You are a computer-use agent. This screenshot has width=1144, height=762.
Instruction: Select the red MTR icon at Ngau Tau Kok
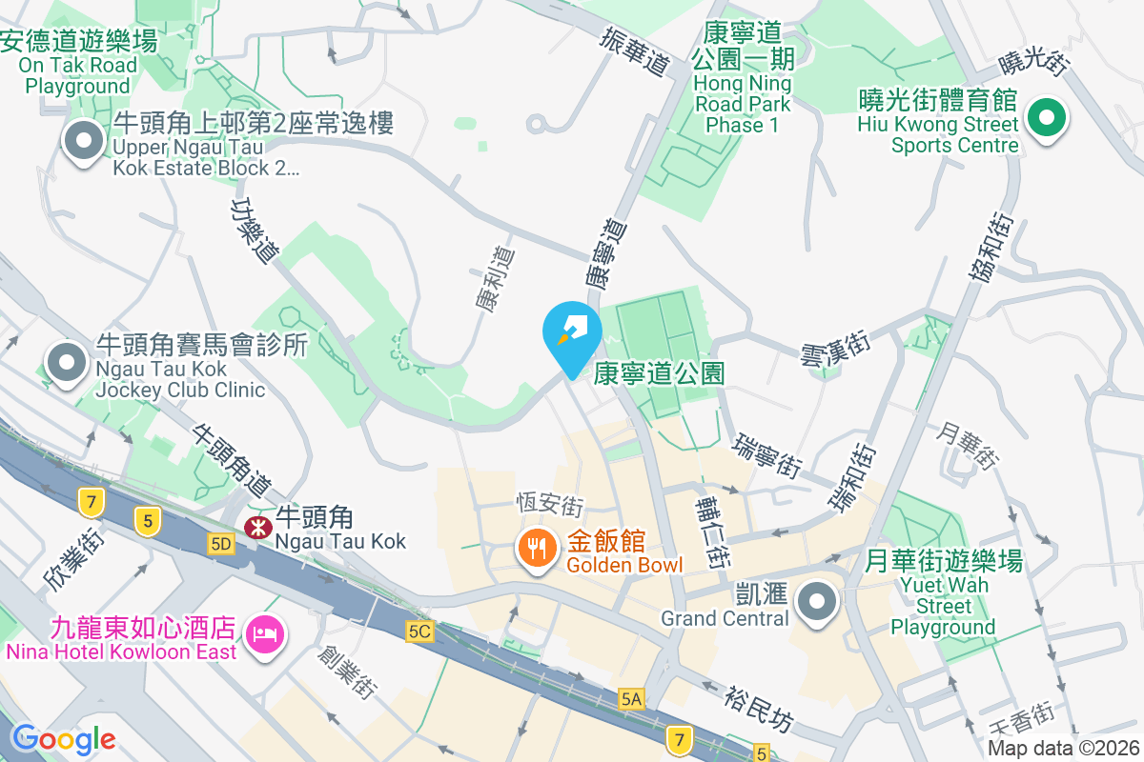256,527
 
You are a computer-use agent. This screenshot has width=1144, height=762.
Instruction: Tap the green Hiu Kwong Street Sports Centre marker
1046,120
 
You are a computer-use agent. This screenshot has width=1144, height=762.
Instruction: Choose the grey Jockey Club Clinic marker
67,363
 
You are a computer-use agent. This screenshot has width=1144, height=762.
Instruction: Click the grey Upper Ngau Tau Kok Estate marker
84,142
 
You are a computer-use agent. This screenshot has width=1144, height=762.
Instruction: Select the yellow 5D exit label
220,543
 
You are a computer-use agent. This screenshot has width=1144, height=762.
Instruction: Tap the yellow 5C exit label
419,631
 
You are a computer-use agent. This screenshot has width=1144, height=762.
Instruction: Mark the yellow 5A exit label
631,698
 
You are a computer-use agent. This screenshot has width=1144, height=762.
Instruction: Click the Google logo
63,738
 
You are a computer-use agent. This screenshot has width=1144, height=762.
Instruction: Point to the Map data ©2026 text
1062,748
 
